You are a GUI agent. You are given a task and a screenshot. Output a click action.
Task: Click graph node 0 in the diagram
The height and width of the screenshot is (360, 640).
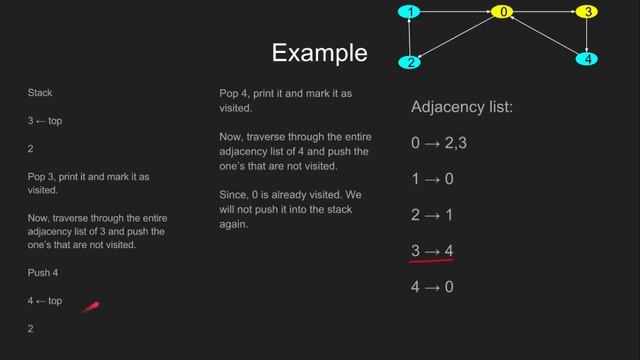pyautogui.click(x=504, y=12)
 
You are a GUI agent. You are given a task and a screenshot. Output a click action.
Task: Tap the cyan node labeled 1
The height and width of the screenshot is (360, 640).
pyautogui.click(x=409, y=12)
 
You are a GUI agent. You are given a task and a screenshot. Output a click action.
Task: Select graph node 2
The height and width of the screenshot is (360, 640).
pyautogui.click(x=409, y=62)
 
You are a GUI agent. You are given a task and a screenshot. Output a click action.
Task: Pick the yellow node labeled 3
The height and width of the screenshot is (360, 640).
pyautogui.click(x=588, y=12)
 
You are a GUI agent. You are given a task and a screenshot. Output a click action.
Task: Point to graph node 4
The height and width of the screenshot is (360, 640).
pyautogui.click(x=588, y=59)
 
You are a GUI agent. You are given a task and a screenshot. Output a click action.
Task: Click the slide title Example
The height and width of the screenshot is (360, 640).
pyautogui.click(x=319, y=52)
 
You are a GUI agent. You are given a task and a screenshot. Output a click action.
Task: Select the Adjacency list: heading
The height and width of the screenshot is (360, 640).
pyautogui.click(x=461, y=106)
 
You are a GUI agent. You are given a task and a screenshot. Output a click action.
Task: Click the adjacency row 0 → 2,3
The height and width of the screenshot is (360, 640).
pyautogui.click(x=439, y=142)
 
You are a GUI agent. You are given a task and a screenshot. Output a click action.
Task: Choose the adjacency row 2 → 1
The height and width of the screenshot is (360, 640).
pyautogui.click(x=432, y=214)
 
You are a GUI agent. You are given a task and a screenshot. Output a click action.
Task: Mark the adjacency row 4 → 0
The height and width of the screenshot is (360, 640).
pyautogui.click(x=432, y=286)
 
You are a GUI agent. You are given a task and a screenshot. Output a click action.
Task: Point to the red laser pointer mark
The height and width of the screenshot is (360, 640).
pyautogui.click(x=90, y=308)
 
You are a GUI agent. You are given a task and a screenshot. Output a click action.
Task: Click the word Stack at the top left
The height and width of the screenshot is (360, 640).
pyautogui.click(x=40, y=93)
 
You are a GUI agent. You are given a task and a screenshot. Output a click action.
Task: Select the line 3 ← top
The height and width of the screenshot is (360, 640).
pyautogui.click(x=45, y=120)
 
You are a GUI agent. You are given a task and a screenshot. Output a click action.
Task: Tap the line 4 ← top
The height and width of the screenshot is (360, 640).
pyautogui.click(x=45, y=300)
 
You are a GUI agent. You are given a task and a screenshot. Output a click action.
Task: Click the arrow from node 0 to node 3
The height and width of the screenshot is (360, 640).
pyautogui.click(x=546, y=12)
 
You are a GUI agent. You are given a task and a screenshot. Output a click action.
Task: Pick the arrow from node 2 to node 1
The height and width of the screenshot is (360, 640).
pyautogui.click(x=409, y=37)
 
